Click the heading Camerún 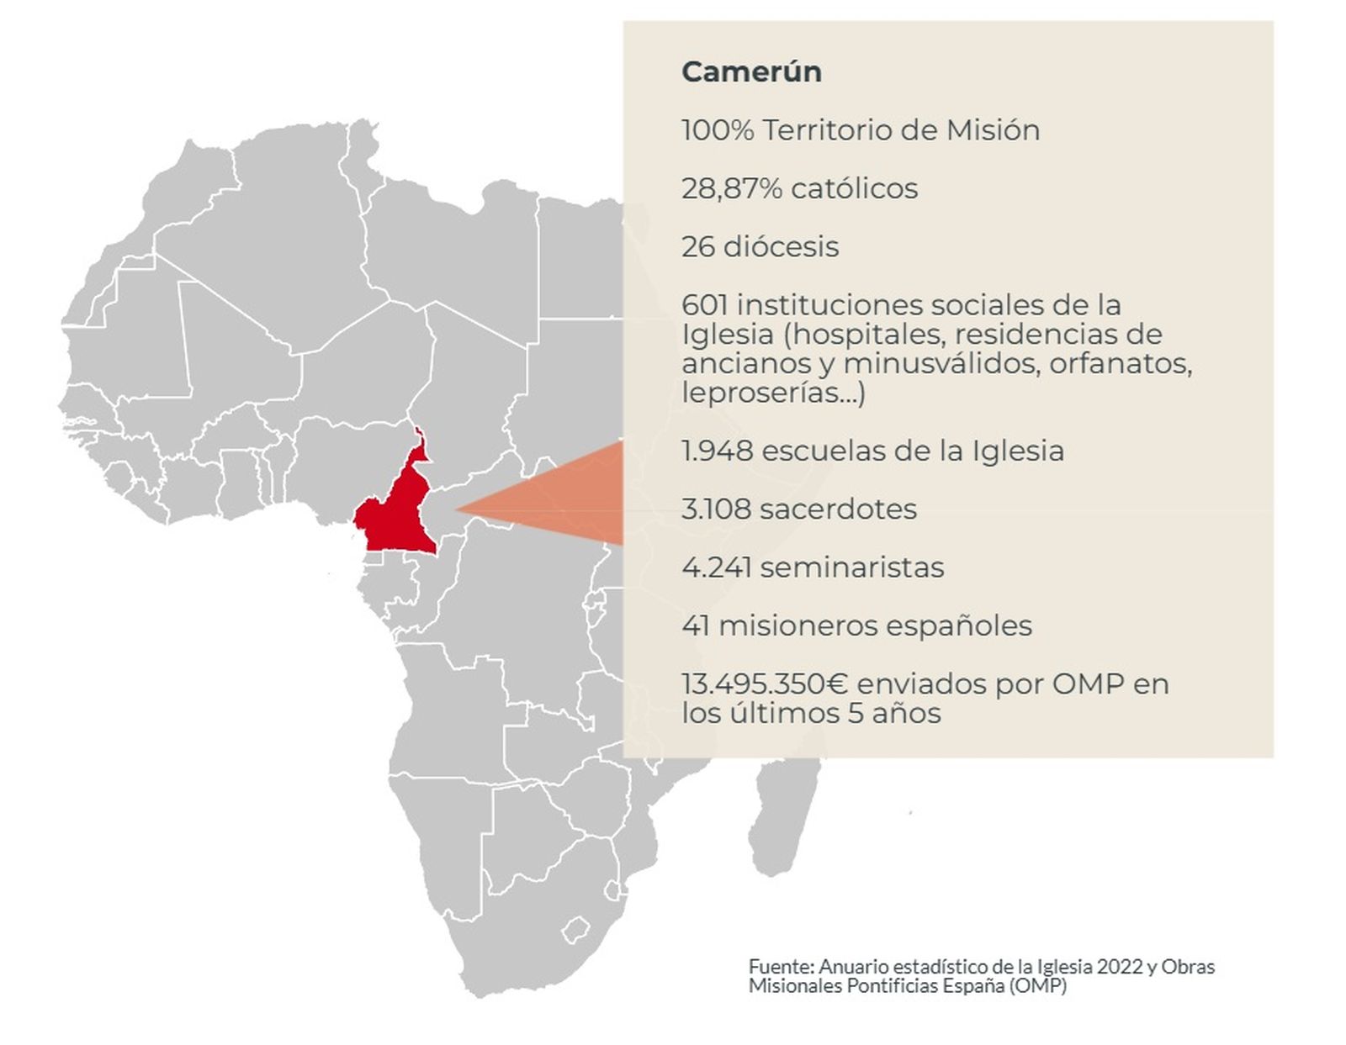[751, 71]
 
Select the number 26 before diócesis [698, 247]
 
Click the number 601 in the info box [705, 304]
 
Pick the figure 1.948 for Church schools [717, 451]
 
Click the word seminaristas [851, 567]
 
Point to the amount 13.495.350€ [764, 684]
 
